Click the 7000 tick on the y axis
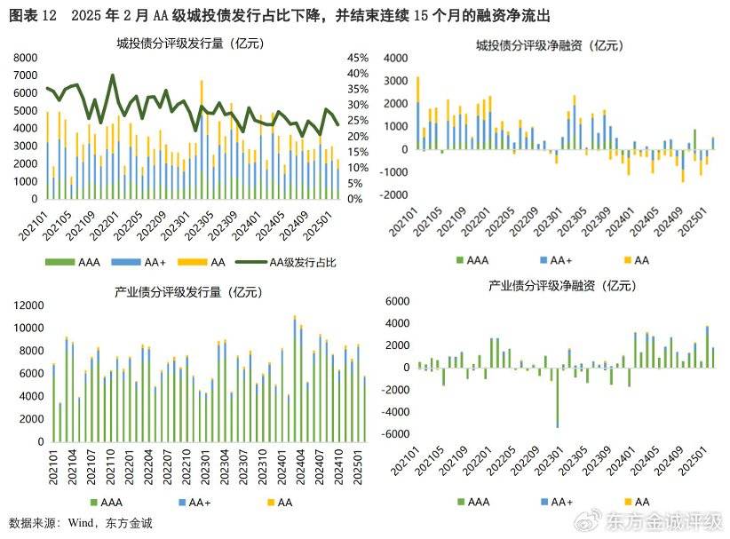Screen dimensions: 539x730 point(24,74)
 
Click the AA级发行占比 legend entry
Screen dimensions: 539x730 point(303,262)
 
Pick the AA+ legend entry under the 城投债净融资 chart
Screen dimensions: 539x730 point(559,260)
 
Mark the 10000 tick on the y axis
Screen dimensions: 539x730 point(23,328)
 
